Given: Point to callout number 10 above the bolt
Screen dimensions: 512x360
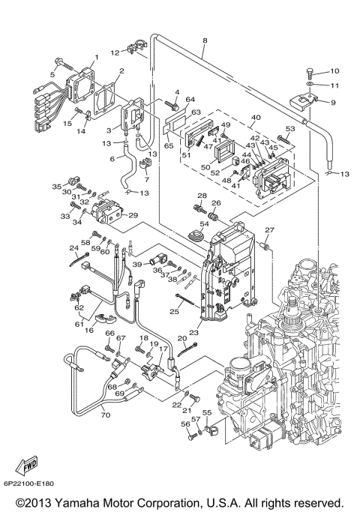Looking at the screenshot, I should coord(334,71).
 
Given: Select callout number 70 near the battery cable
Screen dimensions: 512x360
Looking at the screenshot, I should coord(105,415).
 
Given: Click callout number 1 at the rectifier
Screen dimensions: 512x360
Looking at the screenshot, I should coord(95,57).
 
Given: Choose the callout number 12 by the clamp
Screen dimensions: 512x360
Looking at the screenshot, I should coord(115,52).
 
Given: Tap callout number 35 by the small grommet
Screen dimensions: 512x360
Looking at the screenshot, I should coord(56,186).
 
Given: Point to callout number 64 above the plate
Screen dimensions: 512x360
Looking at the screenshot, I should coord(190,100).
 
